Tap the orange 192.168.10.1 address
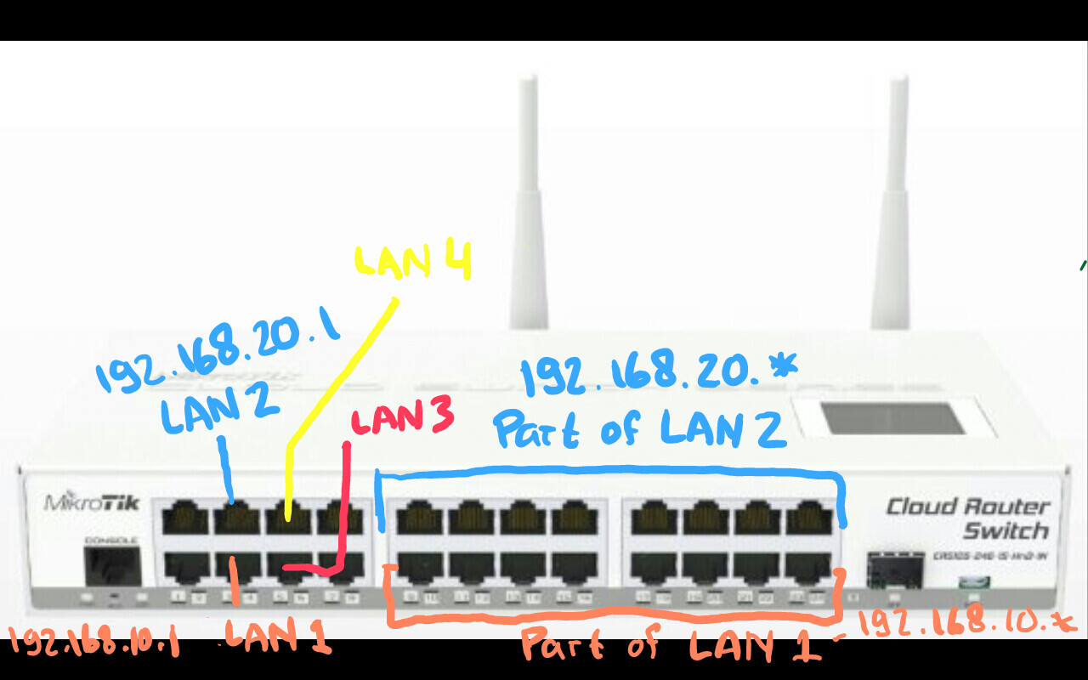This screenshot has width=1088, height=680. click(94, 643)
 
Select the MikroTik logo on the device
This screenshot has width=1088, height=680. click(92, 502)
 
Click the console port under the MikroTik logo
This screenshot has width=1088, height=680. click(112, 565)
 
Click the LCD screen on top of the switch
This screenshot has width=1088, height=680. click(892, 418)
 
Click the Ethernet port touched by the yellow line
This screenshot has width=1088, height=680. click(288, 517)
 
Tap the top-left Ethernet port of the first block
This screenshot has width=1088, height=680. click(185, 517)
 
